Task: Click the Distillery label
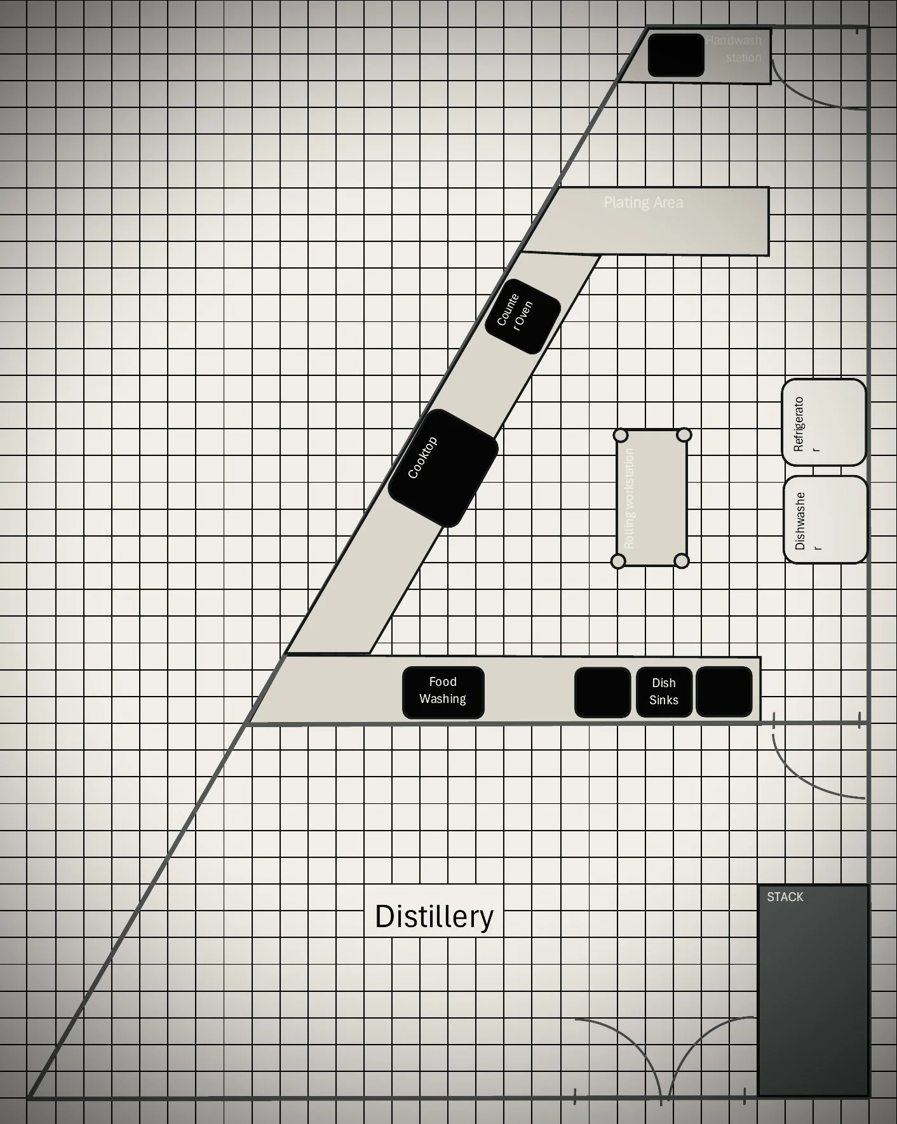pos(434,916)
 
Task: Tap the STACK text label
pos(785,897)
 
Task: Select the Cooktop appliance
pos(443,469)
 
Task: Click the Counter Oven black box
pos(522,316)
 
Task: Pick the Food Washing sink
pos(443,692)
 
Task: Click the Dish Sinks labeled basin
pos(664,692)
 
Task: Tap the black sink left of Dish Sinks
pos(602,692)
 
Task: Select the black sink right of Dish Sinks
pos(724,692)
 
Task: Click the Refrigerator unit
pos(824,422)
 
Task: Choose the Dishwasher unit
pos(825,520)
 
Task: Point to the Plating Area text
pos(643,203)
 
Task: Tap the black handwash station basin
pos(676,55)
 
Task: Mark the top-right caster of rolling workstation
pos(684,435)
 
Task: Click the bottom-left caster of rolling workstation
pos(617,561)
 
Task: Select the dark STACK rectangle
pos(813,991)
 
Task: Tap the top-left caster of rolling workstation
pos(621,435)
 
